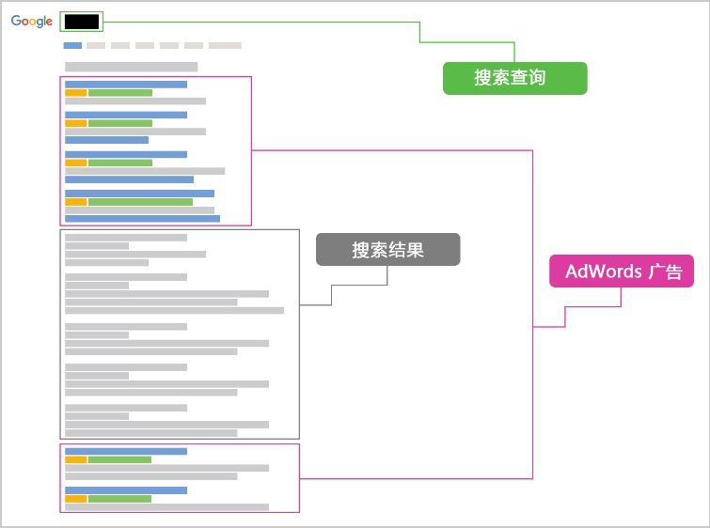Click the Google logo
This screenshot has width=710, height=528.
pos(32,22)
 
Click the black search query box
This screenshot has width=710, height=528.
pos(82,22)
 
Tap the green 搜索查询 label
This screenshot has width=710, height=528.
pos(514,78)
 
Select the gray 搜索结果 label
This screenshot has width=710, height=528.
pos(388,249)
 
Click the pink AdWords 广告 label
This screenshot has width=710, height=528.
pos(622,271)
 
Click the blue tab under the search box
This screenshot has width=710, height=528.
pos(72,45)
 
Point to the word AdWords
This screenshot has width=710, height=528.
pos(604,272)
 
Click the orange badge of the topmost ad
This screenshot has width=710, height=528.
pos(76,93)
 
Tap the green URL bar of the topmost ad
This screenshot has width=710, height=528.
pos(120,93)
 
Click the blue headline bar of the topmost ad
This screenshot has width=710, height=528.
pos(126,85)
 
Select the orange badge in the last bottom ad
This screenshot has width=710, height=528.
pos(76,499)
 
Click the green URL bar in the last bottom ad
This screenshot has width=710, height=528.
pos(120,499)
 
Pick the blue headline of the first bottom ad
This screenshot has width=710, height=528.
pos(126,452)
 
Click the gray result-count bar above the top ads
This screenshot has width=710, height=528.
pos(132,67)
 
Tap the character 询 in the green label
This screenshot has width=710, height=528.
pos(537,78)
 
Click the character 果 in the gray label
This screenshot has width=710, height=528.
pos(416,250)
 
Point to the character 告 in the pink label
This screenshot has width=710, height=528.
pos(673,272)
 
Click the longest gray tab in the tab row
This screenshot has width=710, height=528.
pos(225,45)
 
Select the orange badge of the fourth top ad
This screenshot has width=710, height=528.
pos(76,202)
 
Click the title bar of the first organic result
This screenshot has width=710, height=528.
pos(126,238)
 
